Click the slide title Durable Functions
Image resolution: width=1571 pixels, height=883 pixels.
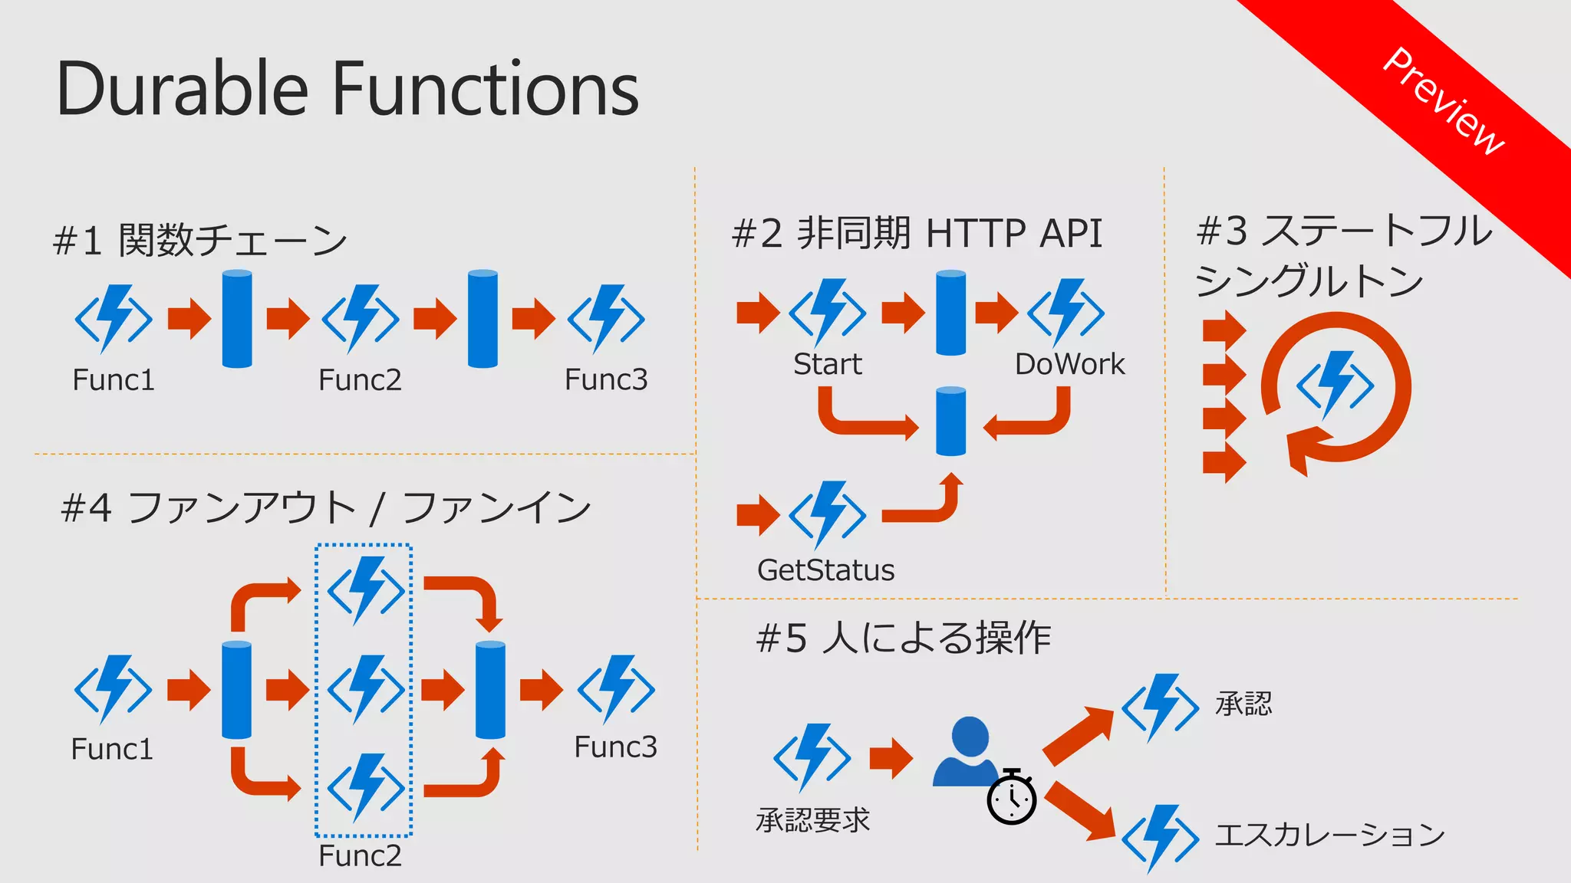tap(347, 89)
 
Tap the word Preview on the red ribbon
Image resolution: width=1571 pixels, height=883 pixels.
tap(1442, 100)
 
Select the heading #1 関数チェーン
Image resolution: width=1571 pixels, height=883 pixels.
tap(199, 240)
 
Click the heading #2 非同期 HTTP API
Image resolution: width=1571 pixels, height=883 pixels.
tap(917, 233)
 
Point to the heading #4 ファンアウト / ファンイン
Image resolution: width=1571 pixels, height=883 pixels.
tap(326, 508)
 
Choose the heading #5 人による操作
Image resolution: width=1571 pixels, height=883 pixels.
tap(903, 638)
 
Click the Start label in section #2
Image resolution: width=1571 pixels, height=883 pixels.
tap(827, 364)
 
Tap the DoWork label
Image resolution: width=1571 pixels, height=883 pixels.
tap(1069, 364)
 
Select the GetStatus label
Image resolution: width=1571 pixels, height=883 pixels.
tap(825, 570)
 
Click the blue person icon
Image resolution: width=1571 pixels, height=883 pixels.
tap(968, 752)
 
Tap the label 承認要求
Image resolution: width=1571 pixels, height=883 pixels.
tap(812, 820)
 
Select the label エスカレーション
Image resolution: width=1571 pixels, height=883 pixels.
tap(1329, 835)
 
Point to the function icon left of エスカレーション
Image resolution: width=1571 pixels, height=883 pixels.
tap(1160, 838)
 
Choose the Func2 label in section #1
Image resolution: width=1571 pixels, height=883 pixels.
tap(360, 380)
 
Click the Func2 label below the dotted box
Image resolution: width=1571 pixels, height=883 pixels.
tap(360, 856)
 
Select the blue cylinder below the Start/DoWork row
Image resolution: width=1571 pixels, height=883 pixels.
tap(951, 422)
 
